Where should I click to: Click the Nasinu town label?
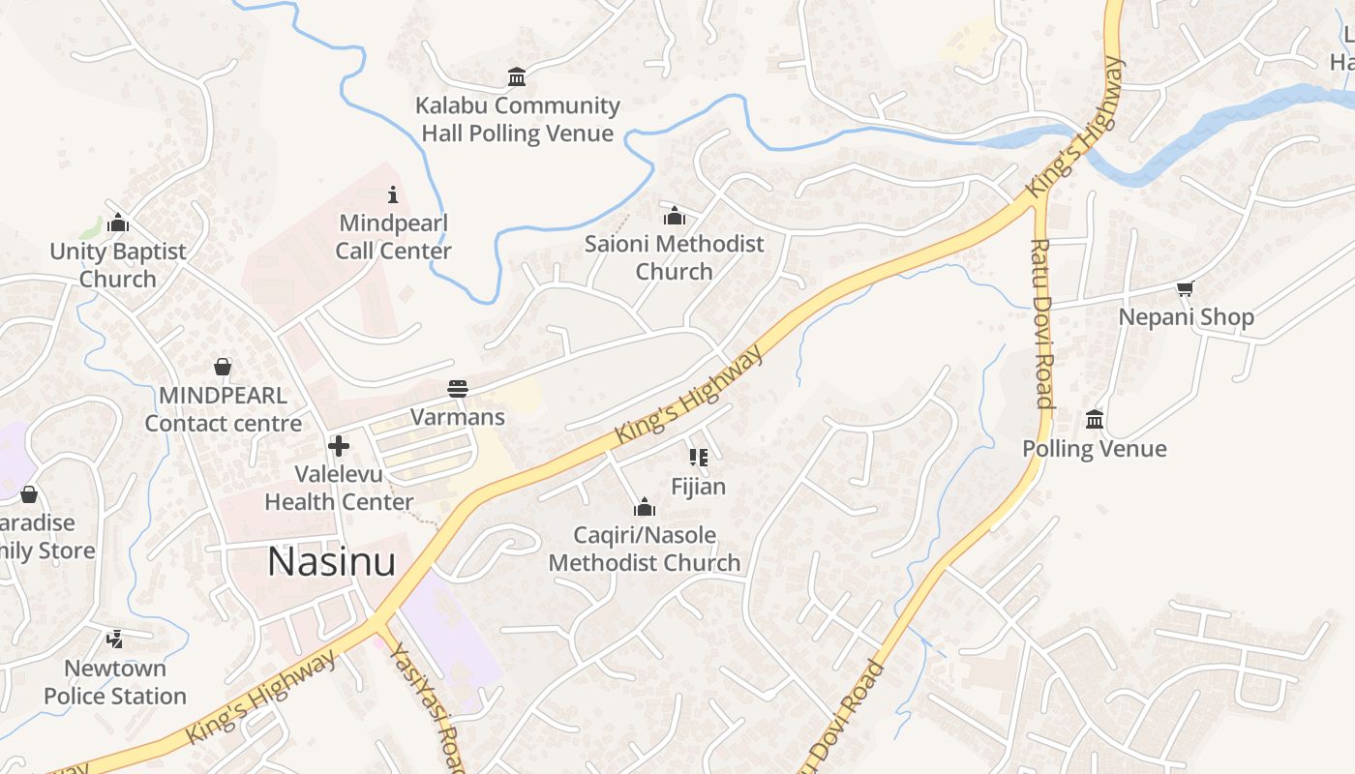pos(331,562)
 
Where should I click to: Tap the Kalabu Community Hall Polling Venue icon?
pos(517,76)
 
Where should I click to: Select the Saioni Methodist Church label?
pos(674,257)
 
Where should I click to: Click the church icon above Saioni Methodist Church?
pos(675,216)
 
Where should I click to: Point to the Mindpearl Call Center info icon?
pos(392,194)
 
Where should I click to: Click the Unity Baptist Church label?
pos(117,265)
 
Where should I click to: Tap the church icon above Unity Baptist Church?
pos(118,223)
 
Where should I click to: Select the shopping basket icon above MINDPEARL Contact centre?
pos(223,367)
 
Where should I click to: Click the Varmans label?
pos(458,417)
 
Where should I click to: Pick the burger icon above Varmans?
pos(458,389)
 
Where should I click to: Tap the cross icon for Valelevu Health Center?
pos(339,446)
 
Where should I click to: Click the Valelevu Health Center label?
pos(339,489)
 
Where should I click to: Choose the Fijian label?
pos(698,487)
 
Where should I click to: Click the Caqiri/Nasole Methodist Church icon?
pos(645,507)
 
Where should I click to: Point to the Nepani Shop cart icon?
pos(1186,288)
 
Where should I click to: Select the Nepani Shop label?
pos(1186,317)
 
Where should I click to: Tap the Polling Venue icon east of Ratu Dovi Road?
pos(1095,419)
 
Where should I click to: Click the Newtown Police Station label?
pos(115,682)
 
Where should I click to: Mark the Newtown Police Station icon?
pos(115,639)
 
